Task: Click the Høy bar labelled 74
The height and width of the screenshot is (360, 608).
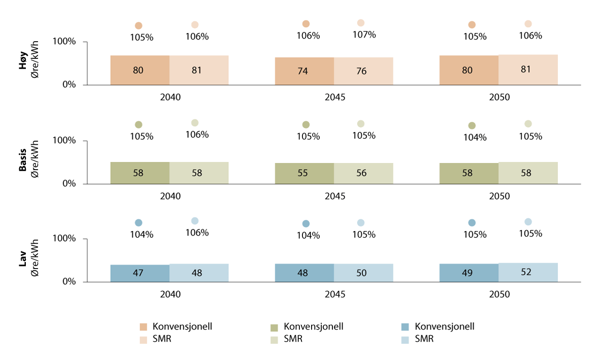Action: coord(304,71)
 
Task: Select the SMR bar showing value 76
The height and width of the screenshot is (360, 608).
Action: coord(363,71)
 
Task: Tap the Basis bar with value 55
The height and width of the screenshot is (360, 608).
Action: coord(304,173)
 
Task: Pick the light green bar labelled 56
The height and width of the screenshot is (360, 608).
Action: coord(363,173)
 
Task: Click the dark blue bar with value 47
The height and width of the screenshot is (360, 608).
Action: coord(140,273)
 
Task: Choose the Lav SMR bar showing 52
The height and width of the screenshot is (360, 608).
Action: coord(528,272)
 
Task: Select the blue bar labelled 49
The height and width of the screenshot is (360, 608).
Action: coord(468,273)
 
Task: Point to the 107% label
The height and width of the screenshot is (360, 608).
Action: coord(364,35)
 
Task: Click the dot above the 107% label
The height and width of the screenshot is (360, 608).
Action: coord(361,23)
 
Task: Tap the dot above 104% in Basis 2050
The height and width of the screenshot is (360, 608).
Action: coord(472,125)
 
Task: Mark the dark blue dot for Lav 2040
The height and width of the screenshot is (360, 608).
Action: coord(139,222)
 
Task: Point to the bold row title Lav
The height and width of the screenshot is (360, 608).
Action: coord(23,265)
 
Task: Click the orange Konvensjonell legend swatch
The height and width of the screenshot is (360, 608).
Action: coord(144,327)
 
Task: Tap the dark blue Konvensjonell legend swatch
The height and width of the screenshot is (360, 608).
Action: coord(406,327)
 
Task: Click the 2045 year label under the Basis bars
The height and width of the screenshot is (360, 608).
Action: coord(334,196)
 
